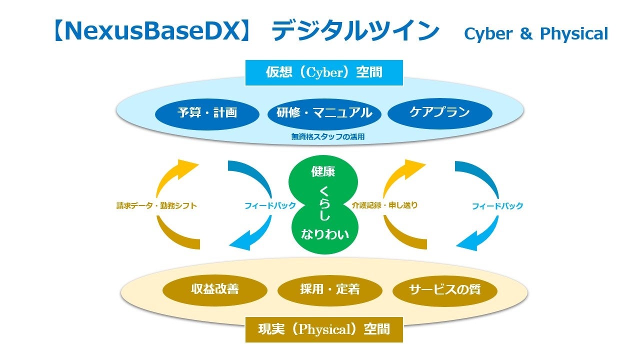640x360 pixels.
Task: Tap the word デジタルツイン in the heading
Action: click(355, 31)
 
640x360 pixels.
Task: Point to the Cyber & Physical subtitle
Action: click(536, 34)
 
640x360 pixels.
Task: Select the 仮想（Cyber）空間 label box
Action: click(324, 72)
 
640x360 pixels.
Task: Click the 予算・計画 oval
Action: click(207, 114)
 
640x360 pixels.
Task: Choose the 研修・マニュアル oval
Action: click(324, 114)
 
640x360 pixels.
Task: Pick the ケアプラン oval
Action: click(439, 113)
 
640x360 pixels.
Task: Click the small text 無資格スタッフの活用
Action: click(327, 137)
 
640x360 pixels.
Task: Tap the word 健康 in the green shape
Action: click(323, 171)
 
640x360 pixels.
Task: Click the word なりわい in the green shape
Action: click(325, 234)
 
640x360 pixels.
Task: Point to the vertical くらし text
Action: click(324, 203)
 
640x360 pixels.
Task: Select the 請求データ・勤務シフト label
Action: click(156, 205)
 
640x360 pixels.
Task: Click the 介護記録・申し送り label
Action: click(384, 205)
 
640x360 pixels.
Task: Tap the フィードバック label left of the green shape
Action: click(270, 205)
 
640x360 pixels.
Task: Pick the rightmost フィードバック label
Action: click(497, 206)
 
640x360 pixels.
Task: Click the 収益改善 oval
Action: click(215, 290)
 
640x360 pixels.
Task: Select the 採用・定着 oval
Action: click(329, 290)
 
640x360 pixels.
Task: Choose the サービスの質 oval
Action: click(445, 290)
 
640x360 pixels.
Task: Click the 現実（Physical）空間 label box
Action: click(324, 329)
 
